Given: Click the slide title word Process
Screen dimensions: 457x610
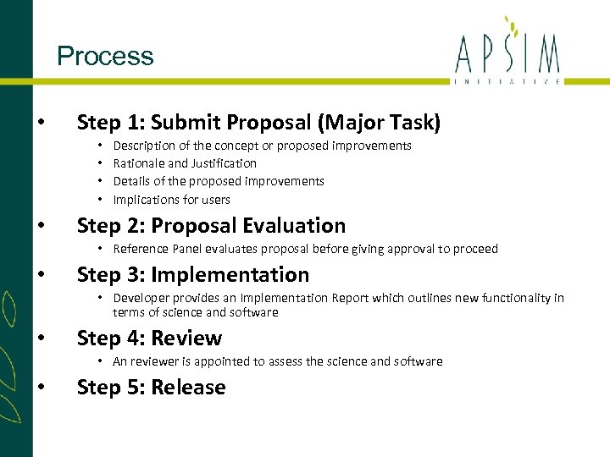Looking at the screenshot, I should point(105,57).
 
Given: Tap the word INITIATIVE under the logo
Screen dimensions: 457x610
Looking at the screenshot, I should point(507,80).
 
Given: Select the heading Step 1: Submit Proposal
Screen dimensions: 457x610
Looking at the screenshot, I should point(194,123).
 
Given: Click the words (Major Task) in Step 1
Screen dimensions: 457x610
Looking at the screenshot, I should point(379,123).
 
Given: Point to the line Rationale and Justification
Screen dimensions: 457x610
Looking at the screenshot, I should point(185,163).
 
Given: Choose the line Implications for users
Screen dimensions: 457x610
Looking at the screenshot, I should point(171,200).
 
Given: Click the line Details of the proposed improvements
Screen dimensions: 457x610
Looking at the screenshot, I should point(219,181).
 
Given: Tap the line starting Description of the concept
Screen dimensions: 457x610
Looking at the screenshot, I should point(262,146).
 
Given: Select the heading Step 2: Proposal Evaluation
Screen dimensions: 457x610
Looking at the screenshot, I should point(211,226).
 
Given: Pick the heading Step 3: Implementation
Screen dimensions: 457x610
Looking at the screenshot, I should point(192,275).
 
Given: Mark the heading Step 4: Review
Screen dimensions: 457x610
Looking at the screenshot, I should point(149,339).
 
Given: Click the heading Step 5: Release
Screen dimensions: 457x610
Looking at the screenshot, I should point(151,388).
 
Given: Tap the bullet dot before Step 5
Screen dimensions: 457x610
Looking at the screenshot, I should point(42,388).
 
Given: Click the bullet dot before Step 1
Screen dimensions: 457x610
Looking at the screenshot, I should point(42,123).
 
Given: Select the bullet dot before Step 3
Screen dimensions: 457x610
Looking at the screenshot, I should point(42,275).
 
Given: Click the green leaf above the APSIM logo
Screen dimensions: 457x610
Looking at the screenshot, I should point(508,22).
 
